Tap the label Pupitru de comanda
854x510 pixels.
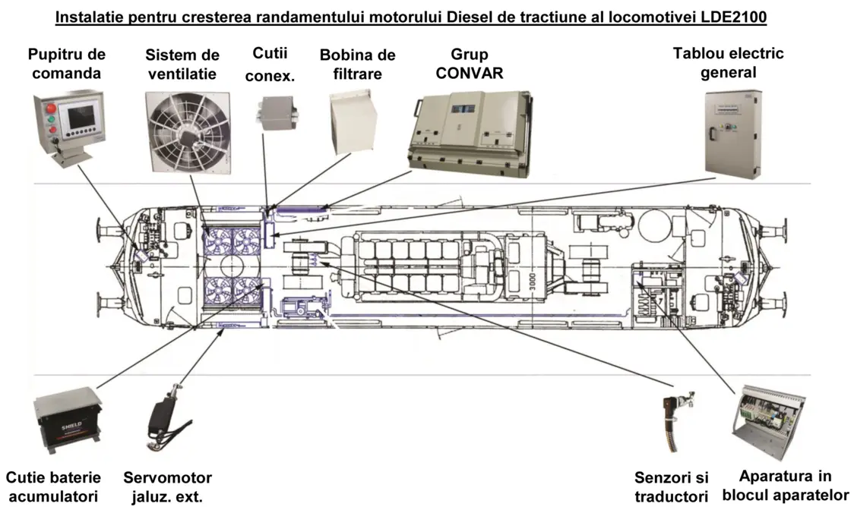point(66,64)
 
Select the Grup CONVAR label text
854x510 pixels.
point(470,64)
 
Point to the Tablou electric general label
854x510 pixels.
point(728,62)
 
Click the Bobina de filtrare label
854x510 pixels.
point(357,65)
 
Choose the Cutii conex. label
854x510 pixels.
point(270,65)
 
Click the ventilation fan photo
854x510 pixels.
point(188,132)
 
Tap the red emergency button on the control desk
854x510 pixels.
point(51,108)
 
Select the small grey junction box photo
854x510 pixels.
point(276,114)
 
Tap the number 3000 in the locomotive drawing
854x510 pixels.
point(533,282)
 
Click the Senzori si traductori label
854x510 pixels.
point(671,487)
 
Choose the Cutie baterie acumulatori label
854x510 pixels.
point(53,487)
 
